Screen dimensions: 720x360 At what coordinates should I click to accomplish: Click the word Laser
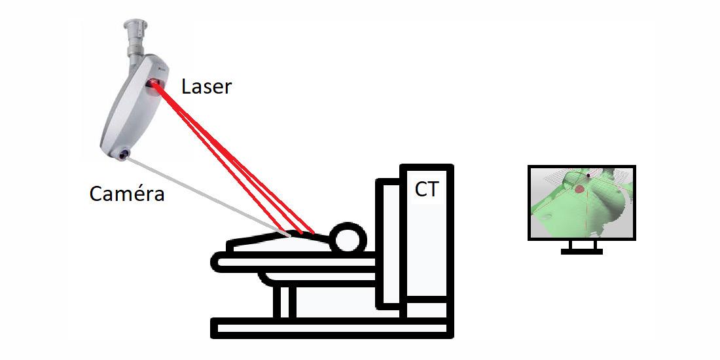(x=206, y=86)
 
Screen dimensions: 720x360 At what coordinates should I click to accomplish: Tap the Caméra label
(x=127, y=194)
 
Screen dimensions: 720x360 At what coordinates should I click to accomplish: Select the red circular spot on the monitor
(x=579, y=189)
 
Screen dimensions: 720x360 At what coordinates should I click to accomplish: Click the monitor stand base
(x=582, y=251)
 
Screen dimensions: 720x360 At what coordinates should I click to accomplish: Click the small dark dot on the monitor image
(x=589, y=175)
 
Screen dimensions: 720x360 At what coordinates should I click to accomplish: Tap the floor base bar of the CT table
(x=331, y=327)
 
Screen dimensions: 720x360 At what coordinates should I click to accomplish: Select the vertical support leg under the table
(x=282, y=301)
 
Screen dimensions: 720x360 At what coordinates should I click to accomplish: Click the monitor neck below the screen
(x=582, y=244)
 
